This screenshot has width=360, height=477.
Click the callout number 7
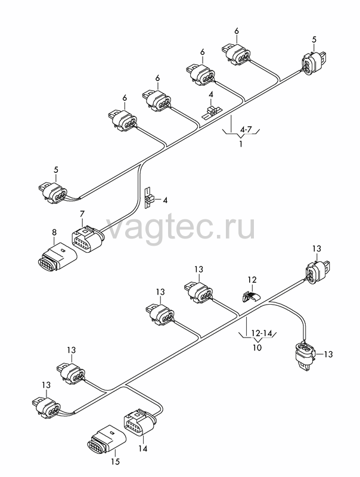[82, 213]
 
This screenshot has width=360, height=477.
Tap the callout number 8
[54, 233]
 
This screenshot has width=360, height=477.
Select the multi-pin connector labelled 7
[88, 240]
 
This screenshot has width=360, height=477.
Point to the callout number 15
[116, 461]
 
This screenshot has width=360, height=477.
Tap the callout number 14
[142, 448]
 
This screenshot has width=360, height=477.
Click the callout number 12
[252, 280]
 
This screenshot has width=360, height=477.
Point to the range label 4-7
[246, 130]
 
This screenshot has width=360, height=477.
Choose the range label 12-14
[262, 333]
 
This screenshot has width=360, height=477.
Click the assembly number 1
[241, 144]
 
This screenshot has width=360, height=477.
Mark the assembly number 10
[257, 347]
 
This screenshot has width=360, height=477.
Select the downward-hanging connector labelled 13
[305, 355]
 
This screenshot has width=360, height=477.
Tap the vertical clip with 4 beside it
[148, 198]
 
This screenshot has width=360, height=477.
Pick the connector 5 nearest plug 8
[52, 192]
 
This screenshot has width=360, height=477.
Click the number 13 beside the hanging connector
[328, 354]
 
